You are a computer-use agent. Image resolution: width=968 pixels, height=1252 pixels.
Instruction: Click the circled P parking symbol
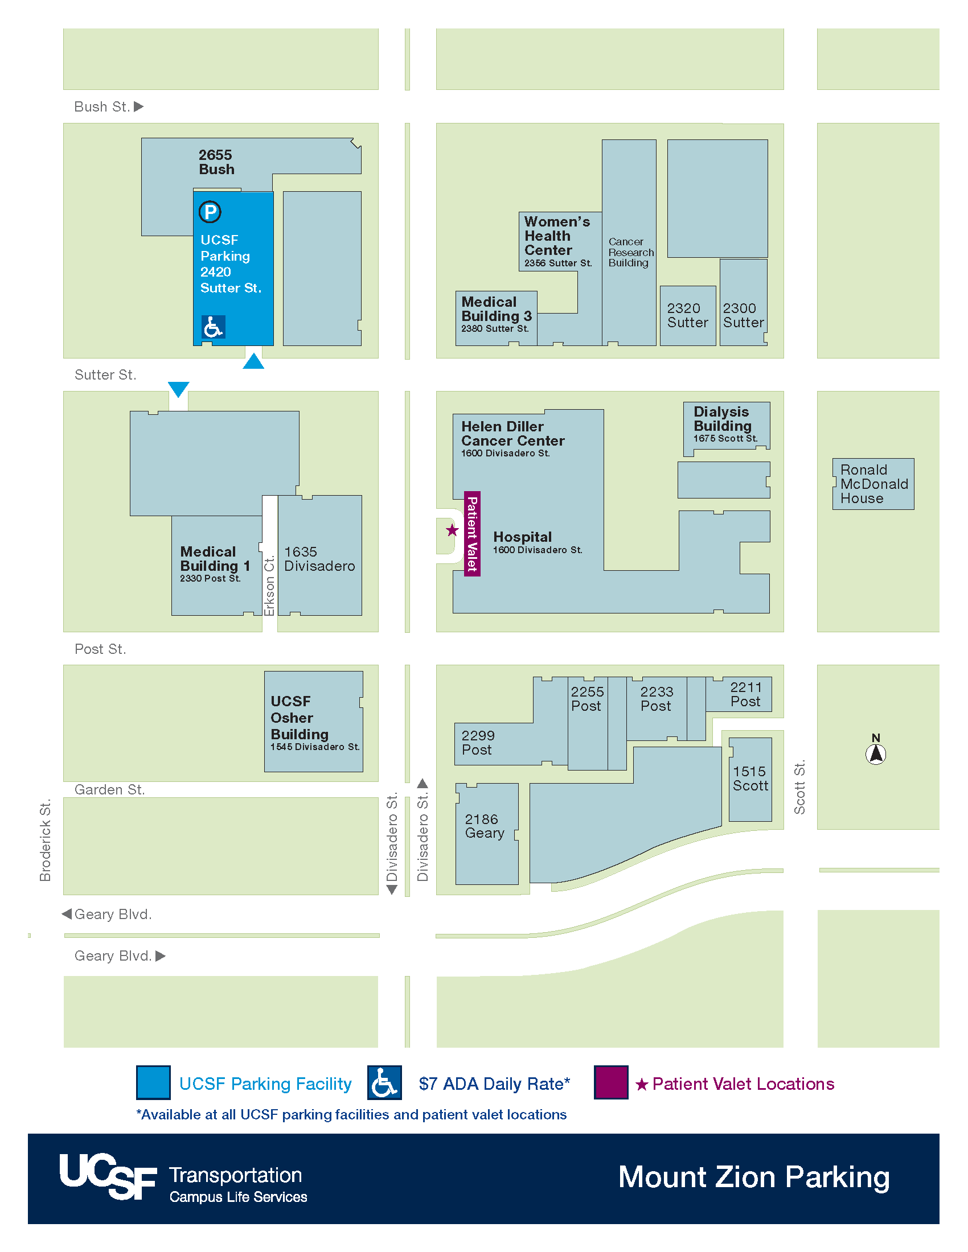click(210, 212)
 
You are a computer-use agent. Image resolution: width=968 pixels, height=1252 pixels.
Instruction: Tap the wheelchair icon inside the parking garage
click(214, 327)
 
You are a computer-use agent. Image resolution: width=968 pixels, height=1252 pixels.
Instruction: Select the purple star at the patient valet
click(453, 530)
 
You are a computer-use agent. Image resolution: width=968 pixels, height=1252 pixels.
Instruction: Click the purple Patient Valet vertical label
click(472, 534)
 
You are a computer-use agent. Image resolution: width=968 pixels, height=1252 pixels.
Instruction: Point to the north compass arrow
click(875, 753)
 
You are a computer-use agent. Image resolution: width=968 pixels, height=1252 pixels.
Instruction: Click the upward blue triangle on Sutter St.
click(253, 362)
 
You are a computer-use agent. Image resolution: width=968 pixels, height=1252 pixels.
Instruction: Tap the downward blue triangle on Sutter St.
click(178, 389)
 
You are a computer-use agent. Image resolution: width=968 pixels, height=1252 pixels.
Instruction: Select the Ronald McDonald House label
click(873, 484)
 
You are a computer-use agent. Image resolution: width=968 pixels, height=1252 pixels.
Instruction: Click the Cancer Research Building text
click(630, 252)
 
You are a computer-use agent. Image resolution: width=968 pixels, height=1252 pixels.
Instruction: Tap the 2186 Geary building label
click(484, 826)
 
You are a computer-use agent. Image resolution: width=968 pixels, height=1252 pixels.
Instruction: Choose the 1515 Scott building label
click(749, 779)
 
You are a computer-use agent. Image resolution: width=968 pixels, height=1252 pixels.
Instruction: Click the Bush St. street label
click(102, 106)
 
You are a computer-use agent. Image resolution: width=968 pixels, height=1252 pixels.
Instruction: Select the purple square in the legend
click(611, 1082)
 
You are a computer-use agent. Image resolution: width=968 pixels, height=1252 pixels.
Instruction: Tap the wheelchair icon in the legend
click(384, 1082)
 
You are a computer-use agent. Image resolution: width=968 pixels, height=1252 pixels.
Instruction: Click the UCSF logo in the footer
click(108, 1176)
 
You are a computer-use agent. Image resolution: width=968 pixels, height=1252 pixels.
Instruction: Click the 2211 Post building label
click(745, 694)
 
